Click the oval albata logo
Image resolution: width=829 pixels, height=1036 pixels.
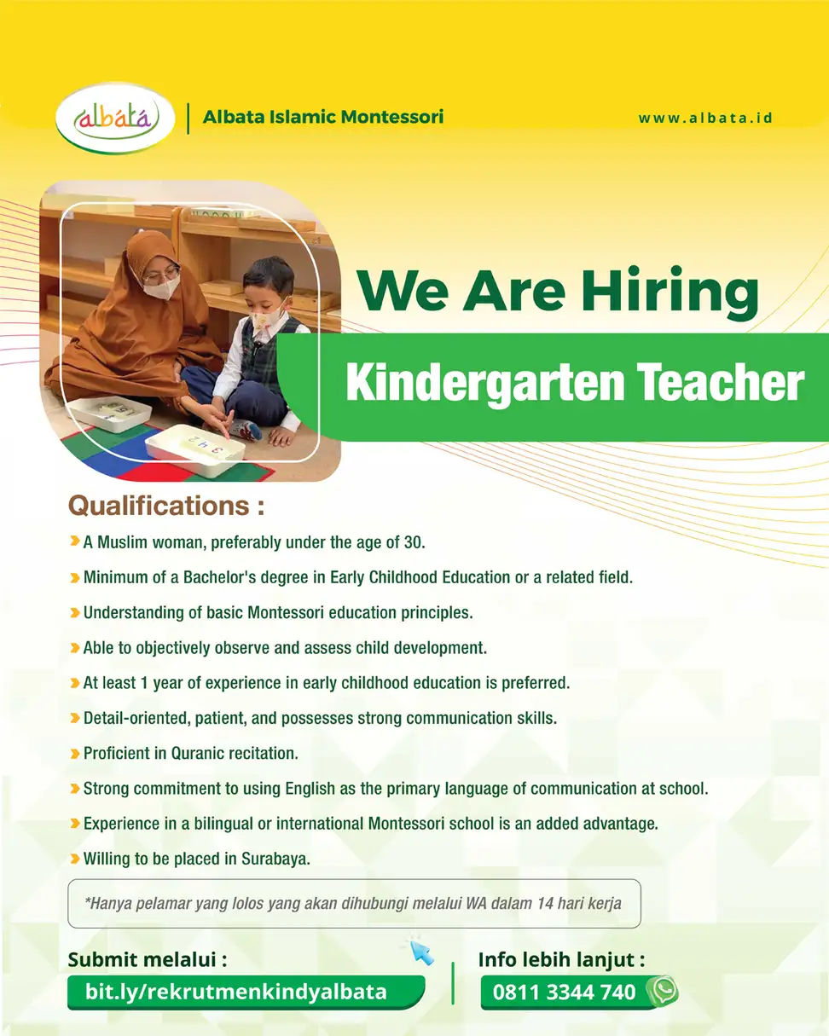coord(115,119)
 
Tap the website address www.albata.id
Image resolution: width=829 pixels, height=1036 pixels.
coord(705,118)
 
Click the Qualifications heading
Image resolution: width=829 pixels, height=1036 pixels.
coord(166,506)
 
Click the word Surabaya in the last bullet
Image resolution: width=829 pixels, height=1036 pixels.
coord(275,859)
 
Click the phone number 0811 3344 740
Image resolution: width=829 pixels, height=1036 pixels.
coord(564,993)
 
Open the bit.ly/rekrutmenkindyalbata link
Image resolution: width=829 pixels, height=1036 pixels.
coord(236,992)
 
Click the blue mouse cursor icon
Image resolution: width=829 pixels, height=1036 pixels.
coord(421,952)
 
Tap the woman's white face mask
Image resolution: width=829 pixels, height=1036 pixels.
coord(163,288)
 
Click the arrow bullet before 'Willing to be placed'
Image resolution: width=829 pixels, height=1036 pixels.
coord(75,859)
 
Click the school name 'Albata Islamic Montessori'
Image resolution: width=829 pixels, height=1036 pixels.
coord(323,117)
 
